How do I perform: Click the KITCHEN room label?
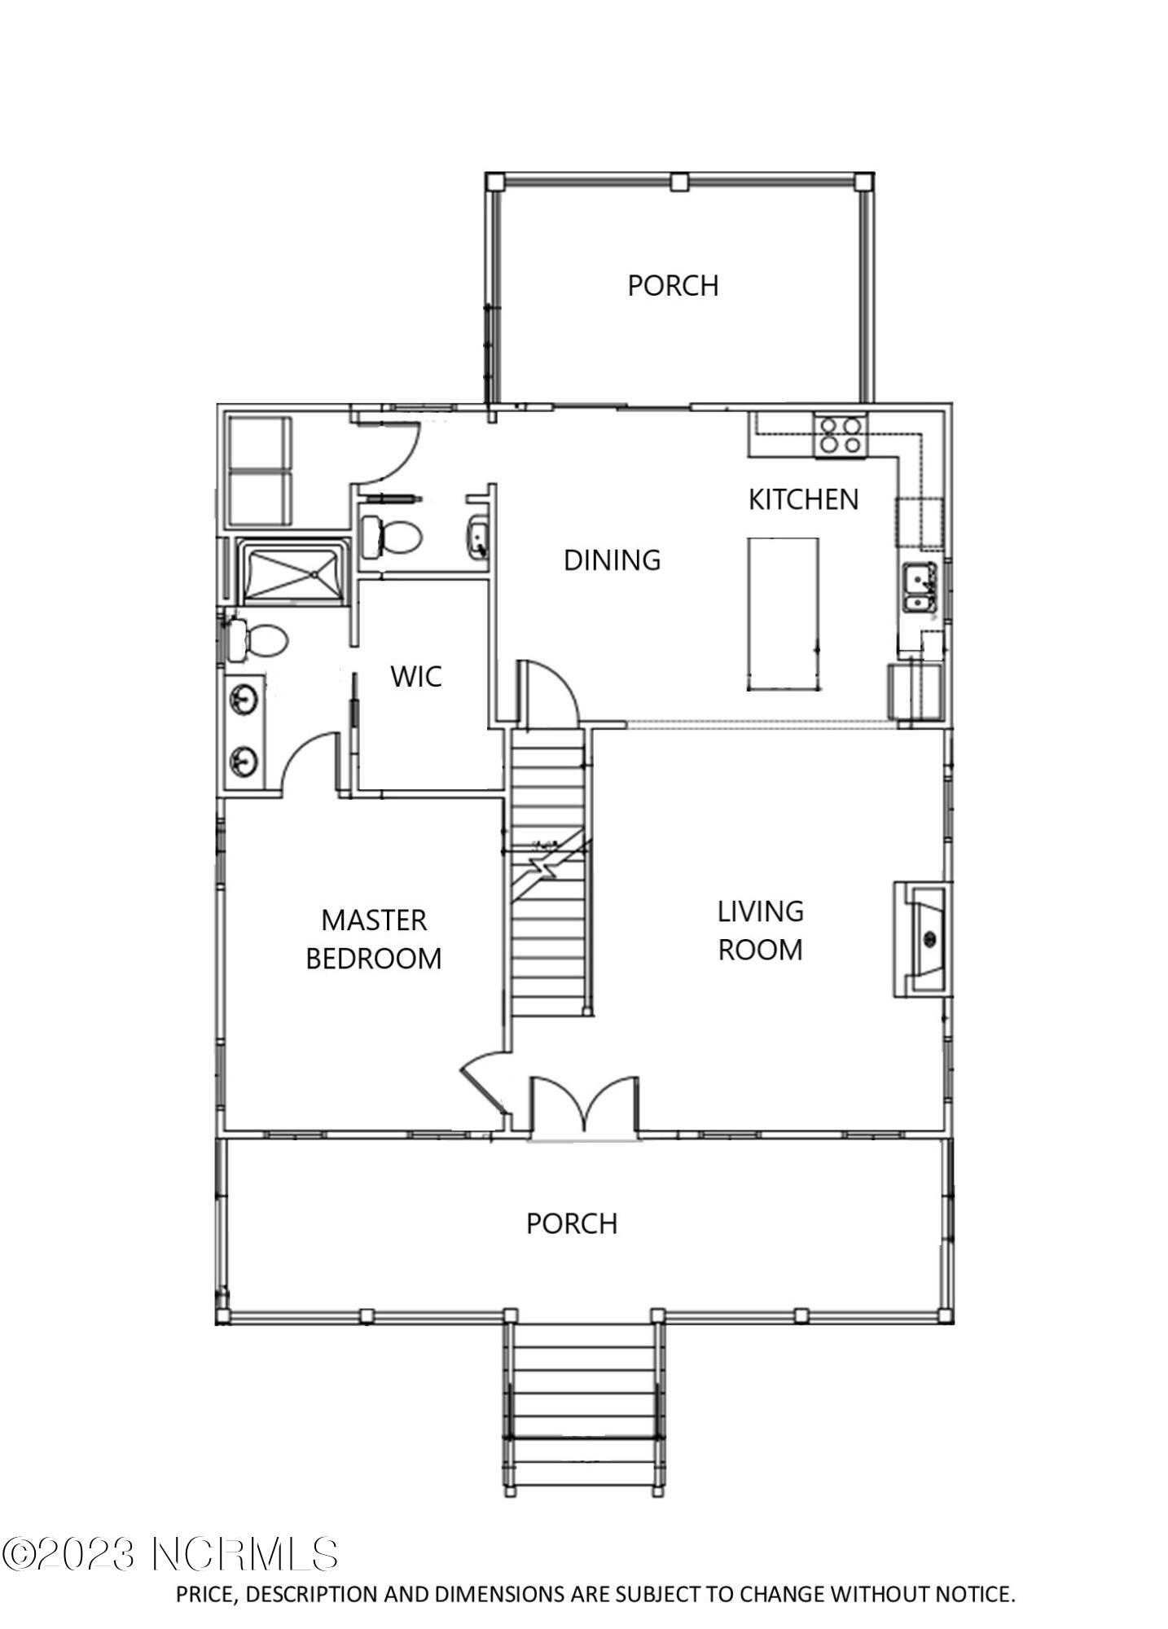point(803,499)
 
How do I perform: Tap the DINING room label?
point(612,560)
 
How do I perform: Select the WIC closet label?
point(415,676)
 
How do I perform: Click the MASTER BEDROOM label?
point(374,939)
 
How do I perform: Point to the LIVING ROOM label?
point(760,930)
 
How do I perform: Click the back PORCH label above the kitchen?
point(673,286)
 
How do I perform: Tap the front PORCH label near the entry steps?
point(571,1223)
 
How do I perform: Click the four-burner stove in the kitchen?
point(841,435)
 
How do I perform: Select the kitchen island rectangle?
point(783,614)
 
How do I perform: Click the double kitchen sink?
point(920,589)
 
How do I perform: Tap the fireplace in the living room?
point(924,939)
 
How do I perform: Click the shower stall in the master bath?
point(294,573)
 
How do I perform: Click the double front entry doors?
point(584,1109)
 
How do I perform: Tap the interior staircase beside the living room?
point(548,872)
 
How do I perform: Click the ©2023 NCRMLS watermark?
point(169,1554)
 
